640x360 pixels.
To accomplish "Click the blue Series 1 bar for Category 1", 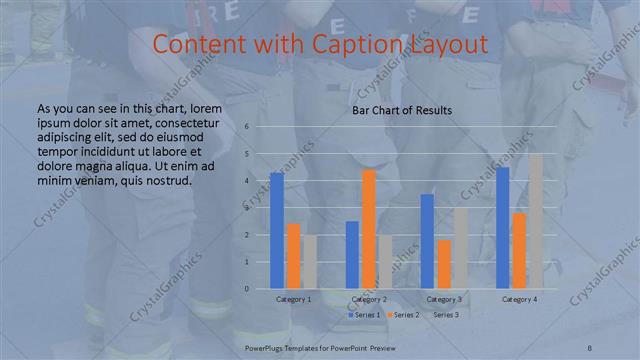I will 277,231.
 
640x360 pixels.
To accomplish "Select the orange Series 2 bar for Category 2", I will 369,229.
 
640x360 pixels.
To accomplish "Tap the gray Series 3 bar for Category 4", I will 536,221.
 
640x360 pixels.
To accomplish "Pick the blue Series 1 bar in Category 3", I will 427,241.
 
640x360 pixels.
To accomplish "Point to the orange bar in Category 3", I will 444,264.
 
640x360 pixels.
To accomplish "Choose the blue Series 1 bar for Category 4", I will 502,228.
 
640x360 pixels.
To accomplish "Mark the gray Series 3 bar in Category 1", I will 309,262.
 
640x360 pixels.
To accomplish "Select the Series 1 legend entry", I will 364,315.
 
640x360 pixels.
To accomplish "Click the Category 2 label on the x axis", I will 369,299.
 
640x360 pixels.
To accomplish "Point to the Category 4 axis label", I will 519,299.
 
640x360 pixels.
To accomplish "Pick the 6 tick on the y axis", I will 246,127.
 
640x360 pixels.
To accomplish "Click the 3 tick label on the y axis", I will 246,208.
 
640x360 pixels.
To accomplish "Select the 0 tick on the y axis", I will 246,289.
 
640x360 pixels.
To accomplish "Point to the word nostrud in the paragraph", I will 165,181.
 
